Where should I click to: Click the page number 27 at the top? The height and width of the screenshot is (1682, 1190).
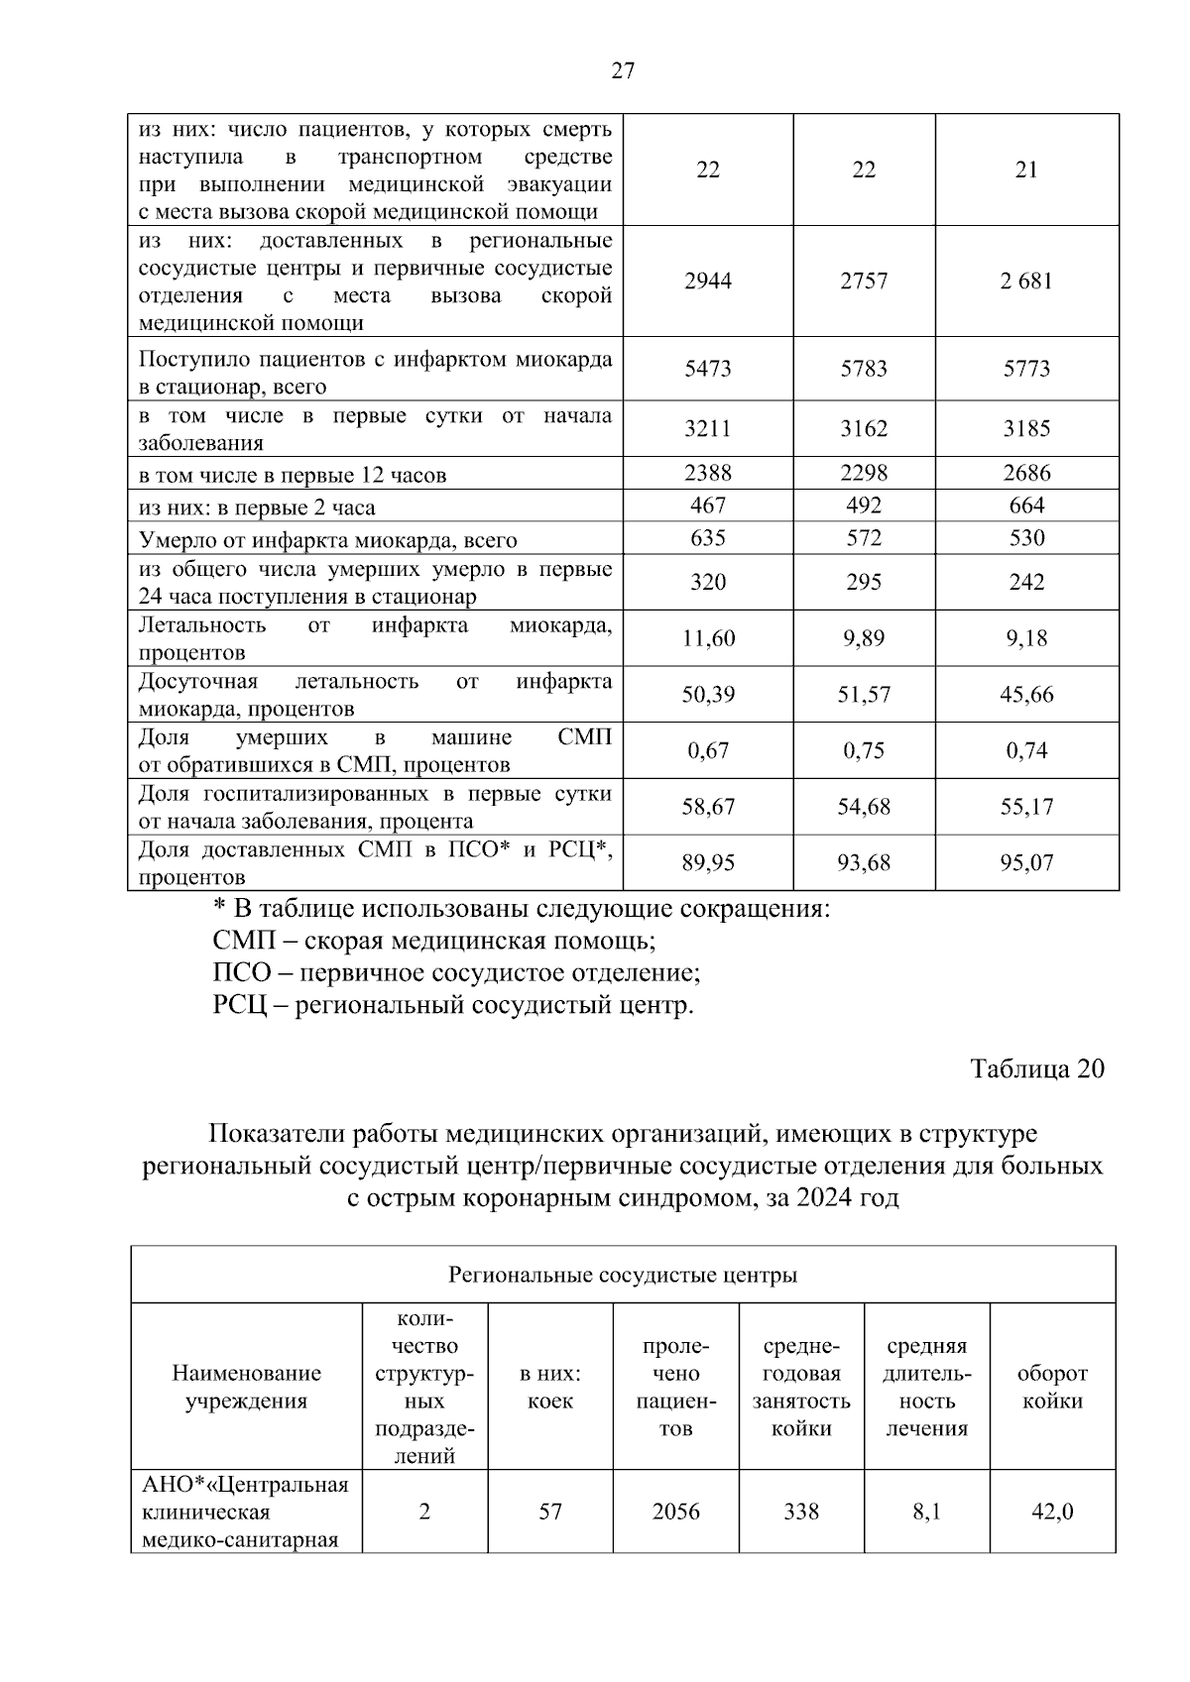[x=623, y=70]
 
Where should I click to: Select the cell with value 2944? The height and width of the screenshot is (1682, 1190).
[x=708, y=281]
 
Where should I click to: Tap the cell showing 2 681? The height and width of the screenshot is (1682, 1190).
[x=1026, y=281]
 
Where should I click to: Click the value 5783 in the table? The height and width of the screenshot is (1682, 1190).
[x=864, y=370]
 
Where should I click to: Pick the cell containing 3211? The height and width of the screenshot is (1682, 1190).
[x=708, y=429]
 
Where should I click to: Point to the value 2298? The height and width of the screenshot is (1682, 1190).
[x=864, y=474]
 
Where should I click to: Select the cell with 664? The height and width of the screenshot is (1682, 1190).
[x=1026, y=506]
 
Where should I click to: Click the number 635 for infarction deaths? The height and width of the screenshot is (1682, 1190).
[x=708, y=538]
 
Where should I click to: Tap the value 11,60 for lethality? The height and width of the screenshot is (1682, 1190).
[x=708, y=638]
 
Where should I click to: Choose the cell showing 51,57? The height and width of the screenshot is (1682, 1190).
[x=864, y=695]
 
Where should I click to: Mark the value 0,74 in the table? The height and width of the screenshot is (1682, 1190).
[x=1026, y=751]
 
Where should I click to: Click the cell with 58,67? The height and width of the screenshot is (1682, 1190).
[x=708, y=807]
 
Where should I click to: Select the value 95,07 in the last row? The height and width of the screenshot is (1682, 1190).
[x=1026, y=863]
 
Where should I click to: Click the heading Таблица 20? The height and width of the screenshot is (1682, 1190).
[x=1036, y=1069]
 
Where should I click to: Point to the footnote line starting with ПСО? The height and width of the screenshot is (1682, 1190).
[x=456, y=972]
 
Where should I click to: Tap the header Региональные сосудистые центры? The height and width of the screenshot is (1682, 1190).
[x=623, y=1275]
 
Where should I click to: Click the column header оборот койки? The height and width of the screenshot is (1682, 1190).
[x=1052, y=1387]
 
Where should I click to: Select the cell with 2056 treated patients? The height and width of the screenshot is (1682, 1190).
[x=675, y=1512]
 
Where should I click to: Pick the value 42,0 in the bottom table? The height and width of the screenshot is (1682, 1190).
[x=1052, y=1512]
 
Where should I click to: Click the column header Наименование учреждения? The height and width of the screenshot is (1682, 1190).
[x=247, y=1387]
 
